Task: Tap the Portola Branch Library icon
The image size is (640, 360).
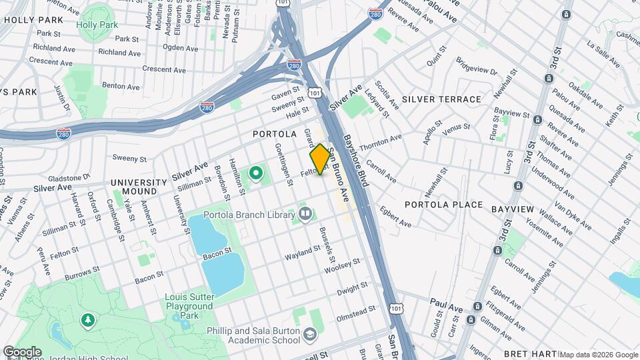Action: pos(305,213)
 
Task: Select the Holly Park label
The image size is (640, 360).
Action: pos(96,25)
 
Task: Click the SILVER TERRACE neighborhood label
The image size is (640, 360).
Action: pos(442,99)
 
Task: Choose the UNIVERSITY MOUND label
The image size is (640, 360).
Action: pos(139,187)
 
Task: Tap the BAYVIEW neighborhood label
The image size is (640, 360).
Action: pos(513,209)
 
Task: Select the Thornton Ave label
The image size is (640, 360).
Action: pos(381,142)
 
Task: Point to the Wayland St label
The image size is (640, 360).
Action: pos(303,253)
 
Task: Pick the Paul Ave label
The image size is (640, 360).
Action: pos(446,301)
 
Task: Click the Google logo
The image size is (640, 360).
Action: pos(22,352)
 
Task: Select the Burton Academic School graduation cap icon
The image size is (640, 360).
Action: pos(309,334)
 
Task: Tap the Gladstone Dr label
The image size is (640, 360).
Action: pos(67,178)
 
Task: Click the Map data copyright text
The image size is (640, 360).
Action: pos(598,355)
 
